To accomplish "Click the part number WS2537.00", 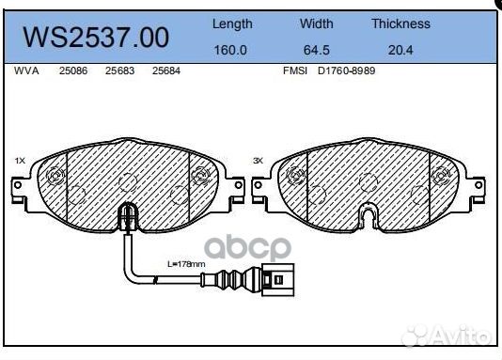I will [96, 37].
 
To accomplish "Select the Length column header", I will [231, 23].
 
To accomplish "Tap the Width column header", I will [316, 23].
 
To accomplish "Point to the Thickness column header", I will [400, 23].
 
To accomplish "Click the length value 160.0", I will [231, 50].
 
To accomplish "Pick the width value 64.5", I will [316, 50].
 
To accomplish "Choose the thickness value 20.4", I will [400, 50].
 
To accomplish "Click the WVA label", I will [25, 71].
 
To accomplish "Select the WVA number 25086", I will [72, 71].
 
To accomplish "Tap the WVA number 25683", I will [118, 71].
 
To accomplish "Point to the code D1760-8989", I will [345, 71].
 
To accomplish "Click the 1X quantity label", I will [20, 161].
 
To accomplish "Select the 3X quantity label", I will [258, 161].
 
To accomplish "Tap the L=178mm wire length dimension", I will [185, 265].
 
